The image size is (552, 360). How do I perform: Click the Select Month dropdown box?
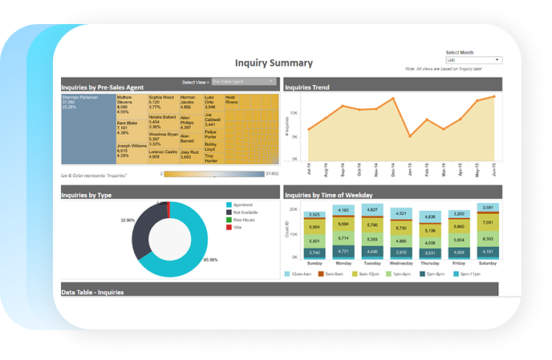[473, 60]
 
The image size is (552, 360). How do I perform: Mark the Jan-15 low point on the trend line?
[410, 136]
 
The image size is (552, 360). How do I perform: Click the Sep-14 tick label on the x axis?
[343, 171]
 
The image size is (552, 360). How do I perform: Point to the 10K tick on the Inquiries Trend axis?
[297, 114]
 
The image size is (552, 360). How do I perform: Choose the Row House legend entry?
[244, 219]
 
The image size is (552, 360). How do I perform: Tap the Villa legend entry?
[237, 227]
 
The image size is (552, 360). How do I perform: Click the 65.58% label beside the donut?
[211, 260]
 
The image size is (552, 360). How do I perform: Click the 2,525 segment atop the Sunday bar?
[315, 215]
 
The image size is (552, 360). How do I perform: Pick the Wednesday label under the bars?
[401, 261]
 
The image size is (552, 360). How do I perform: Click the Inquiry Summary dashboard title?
[274, 63]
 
